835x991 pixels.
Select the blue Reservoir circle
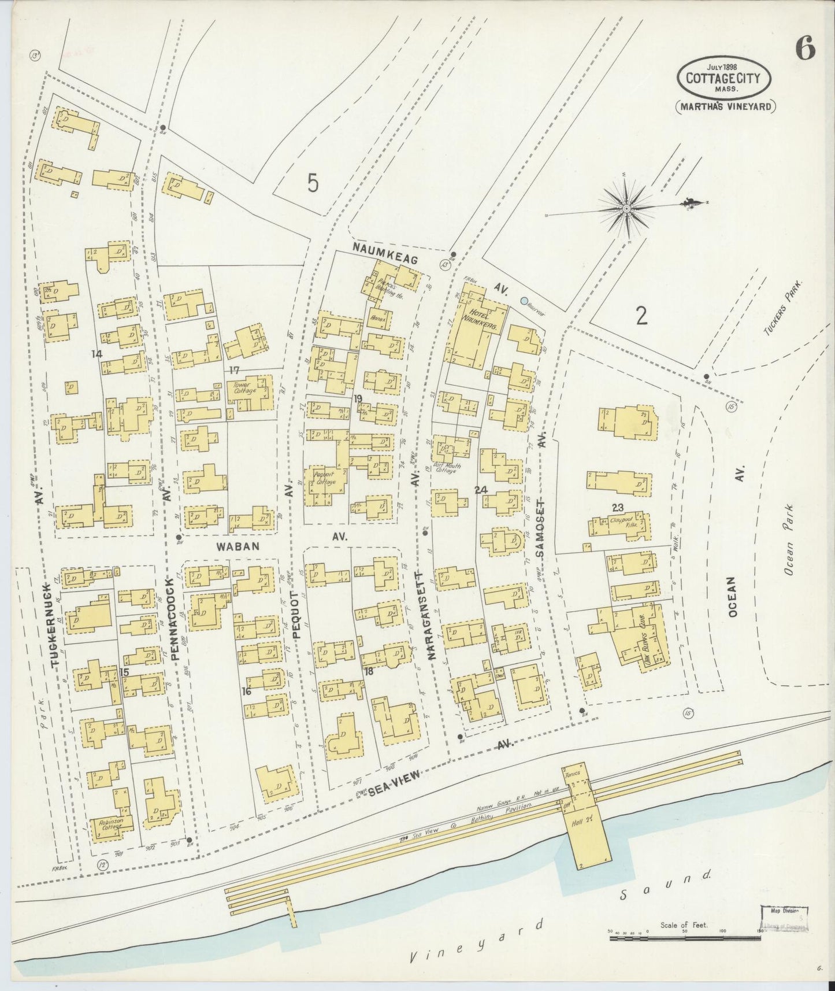tap(524, 301)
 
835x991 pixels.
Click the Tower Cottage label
tap(245, 387)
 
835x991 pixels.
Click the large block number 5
tap(313, 183)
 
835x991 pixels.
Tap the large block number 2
tap(640, 316)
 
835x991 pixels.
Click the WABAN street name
tap(239, 545)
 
